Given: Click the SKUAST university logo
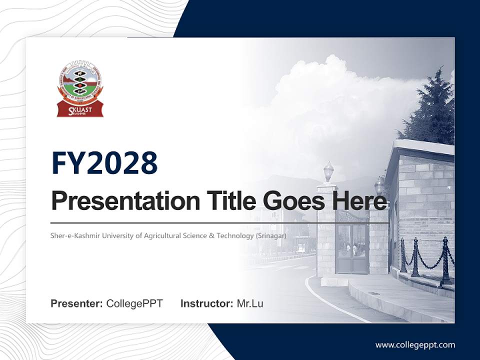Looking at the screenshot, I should (80, 89).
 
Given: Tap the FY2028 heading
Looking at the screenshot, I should (104, 163).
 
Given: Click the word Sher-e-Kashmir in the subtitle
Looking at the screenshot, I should (74, 235).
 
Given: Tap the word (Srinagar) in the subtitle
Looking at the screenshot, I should (271, 235).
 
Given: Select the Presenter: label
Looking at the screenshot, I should (76, 303).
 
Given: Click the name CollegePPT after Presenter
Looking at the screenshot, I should (134, 303).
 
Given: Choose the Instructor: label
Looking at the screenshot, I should (206, 303).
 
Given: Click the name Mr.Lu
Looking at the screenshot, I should (250, 303).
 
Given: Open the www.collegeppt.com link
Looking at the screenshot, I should (415, 344).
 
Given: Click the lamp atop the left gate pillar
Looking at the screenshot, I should (328, 171).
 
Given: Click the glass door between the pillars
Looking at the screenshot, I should (352, 247).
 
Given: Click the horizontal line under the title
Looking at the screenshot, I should (220, 223).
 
